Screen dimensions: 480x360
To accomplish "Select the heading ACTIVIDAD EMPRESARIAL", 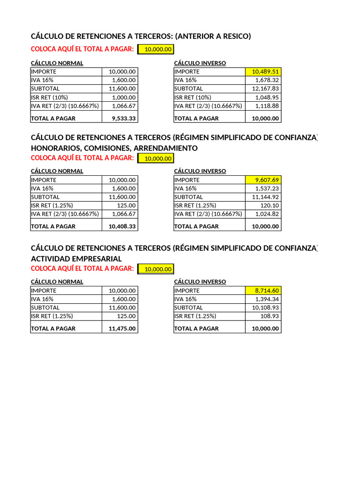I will [x=76, y=259].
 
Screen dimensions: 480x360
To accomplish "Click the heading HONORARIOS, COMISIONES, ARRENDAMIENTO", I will [x=114, y=148].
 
